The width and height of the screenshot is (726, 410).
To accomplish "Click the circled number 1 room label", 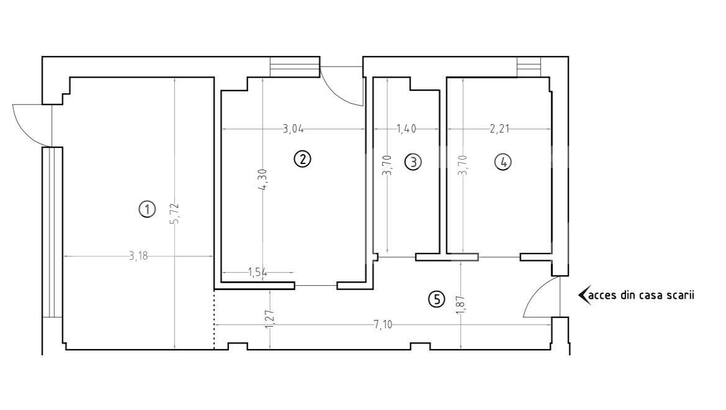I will [147, 209].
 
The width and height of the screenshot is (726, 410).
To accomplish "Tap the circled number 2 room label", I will [302, 159].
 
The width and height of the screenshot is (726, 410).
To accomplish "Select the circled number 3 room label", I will [413, 162].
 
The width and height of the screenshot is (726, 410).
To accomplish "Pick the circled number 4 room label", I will [503, 162].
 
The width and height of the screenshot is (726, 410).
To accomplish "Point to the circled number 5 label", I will [437, 300].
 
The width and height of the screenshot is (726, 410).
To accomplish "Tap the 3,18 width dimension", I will [138, 256].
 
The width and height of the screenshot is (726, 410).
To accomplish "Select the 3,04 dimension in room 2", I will [294, 129].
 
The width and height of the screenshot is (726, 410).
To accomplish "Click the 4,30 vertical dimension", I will [263, 180].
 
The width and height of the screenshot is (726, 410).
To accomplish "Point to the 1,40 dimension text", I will [406, 129].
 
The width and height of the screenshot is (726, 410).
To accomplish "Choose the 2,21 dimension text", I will [500, 129].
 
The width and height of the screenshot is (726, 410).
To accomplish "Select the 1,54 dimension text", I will [258, 272].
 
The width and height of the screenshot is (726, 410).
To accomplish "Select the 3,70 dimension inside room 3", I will [387, 165].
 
